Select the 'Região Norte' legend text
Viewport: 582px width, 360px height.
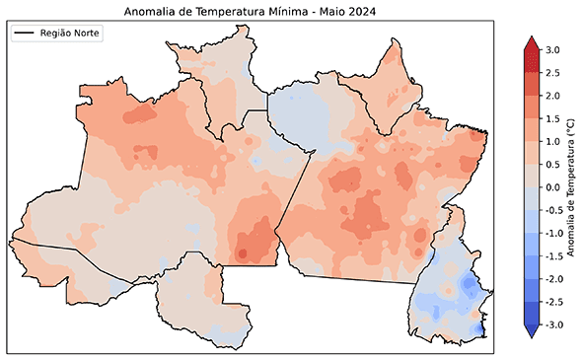(x=71, y=34)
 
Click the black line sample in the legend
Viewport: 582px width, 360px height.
(x=25, y=34)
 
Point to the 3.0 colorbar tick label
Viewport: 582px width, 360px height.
(x=552, y=49)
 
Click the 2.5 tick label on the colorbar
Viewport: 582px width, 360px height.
(x=552, y=72)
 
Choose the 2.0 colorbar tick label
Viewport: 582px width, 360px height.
(x=552, y=95)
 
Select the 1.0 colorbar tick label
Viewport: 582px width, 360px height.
(x=552, y=141)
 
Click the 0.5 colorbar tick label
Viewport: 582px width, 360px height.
(x=552, y=164)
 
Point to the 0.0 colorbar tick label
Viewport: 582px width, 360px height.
(x=552, y=186)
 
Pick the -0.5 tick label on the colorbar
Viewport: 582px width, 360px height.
(x=554, y=209)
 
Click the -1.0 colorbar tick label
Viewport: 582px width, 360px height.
(x=554, y=233)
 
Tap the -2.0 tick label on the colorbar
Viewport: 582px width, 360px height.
(x=554, y=278)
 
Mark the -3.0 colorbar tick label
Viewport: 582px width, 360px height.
(x=554, y=324)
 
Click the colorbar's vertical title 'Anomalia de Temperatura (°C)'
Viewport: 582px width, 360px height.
(x=572, y=187)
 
